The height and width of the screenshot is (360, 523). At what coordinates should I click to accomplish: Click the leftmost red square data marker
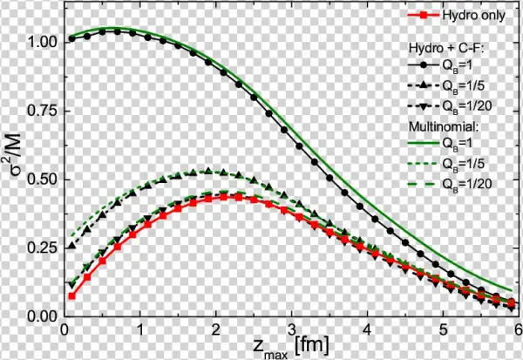click(72, 296)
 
